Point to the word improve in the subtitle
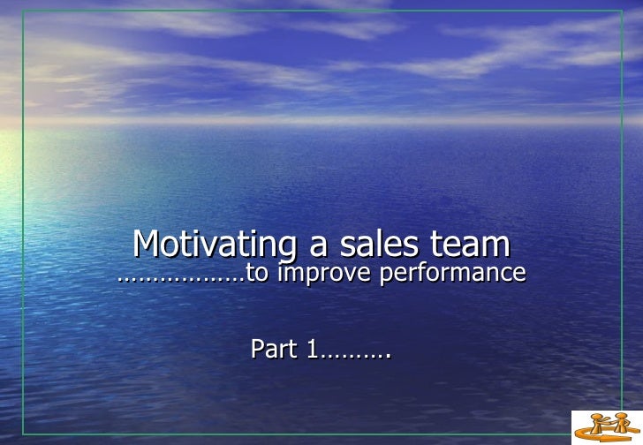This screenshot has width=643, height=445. tap(326, 275)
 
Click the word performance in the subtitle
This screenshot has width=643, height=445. tap(453, 275)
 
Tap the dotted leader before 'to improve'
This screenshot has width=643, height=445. tap(181, 277)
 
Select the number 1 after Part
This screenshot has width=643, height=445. tap(313, 351)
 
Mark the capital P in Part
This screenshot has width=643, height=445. tap(258, 351)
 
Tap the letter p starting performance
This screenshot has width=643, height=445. tap(385, 276)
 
